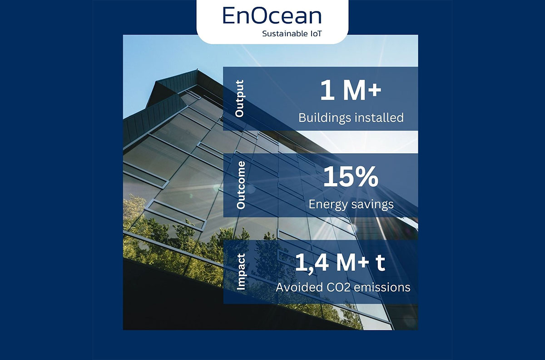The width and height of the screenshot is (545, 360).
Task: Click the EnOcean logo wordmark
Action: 272,15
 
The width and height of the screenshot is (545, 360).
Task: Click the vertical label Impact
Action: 241,272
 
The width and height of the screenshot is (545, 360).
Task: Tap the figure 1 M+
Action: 350,91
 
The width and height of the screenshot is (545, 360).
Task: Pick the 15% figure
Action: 350,177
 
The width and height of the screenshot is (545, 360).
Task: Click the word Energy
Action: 328,204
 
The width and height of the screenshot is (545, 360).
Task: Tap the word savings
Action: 372,204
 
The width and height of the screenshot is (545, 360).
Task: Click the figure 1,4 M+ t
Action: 340,264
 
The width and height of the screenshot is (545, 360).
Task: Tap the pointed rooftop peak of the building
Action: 197,70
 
